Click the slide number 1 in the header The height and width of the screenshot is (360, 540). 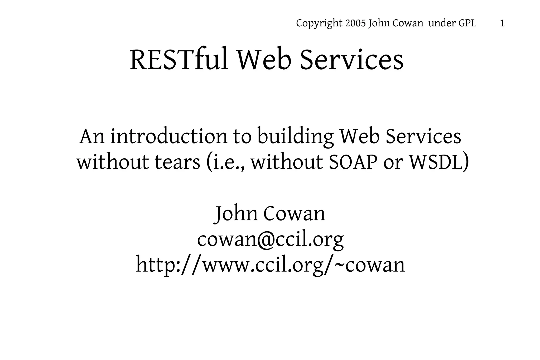point(502,23)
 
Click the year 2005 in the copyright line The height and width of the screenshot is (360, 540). point(355,23)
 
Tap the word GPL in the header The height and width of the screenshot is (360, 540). point(467,23)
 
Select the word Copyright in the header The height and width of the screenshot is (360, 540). point(319,24)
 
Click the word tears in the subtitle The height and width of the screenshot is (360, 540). point(177,162)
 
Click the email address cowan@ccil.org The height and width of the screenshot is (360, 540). point(270,239)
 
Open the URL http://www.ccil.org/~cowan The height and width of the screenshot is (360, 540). point(270,265)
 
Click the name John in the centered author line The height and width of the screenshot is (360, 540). point(236,214)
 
